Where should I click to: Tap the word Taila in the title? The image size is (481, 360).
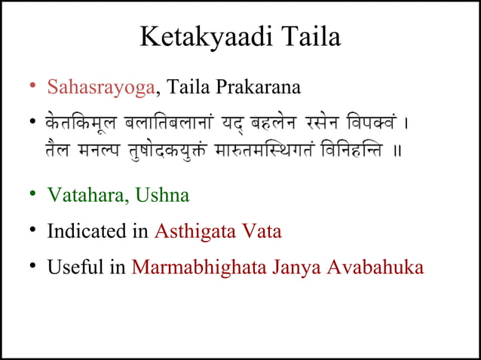[x=309, y=38]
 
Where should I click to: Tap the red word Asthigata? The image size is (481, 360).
[x=190, y=231]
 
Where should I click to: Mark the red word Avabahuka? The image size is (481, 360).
[x=375, y=267]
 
